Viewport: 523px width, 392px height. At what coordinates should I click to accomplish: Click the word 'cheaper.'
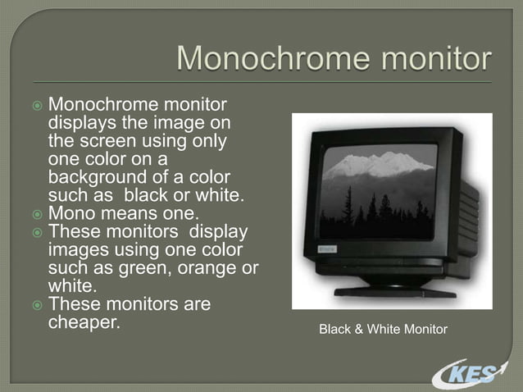coord(84,322)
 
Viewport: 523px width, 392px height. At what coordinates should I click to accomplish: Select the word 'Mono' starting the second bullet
coord(71,213)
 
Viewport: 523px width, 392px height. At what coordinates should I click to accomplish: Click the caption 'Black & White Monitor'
coord(383,330)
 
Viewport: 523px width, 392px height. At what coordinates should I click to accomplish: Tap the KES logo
coord(467,373)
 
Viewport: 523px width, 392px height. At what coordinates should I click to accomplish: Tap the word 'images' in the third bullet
coord(77,249)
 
